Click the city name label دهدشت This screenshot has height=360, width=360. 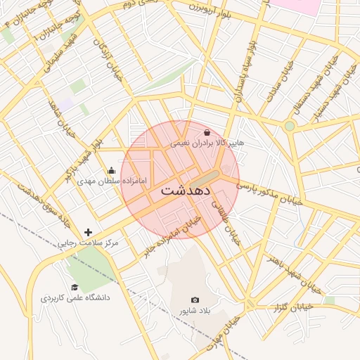pyautogui.click(x=186, y=191)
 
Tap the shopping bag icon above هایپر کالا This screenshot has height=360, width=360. pyautogui.click(x=207, y=132)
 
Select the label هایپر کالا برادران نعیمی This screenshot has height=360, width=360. pyautogui.click(x=207, y=143)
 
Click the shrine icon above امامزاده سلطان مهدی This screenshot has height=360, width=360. pyautogui.click(x=111, y=170)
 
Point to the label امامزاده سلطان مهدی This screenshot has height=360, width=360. pyautogui.click(x=112, y=181)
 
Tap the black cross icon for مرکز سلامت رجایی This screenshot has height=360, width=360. pyautogui.click(x=88, y=232)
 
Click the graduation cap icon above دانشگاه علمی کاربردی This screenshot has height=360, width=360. pyautogui.click(x=75, y=287)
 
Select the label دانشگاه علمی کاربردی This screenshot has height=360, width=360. pyautogui.click(x=75, y=298)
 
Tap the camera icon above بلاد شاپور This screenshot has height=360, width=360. pyautogui.click(x=195, y=300)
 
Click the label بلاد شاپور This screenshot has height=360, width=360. pyautogui.click(x=194, y=311)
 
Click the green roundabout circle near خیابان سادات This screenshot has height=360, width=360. pyautogui.click(x=289, y=126)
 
